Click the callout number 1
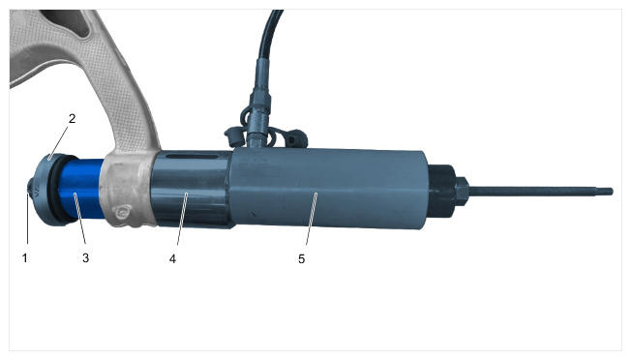point(25,257)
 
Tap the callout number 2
point(72,119)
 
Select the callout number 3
point(86,257)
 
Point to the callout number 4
point(172,258)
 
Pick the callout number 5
point(301,258)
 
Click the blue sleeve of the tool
point(81,189)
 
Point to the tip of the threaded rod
point(612,192)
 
